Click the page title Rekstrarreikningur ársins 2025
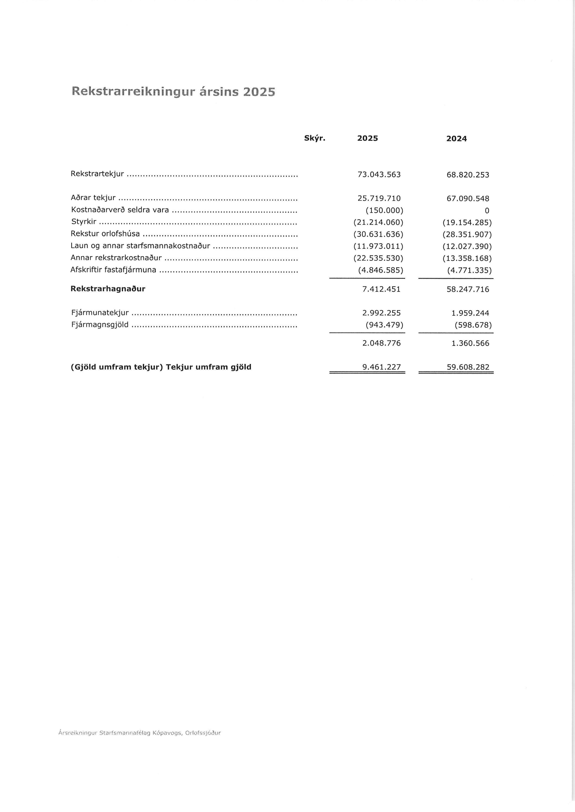click(173, 92)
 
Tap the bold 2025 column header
click(367, 138)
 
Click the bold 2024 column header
click(456, 139)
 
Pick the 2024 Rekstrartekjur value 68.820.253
click(468, 175)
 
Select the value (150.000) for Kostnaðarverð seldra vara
click(384, 211)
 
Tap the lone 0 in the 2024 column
click(487, 211)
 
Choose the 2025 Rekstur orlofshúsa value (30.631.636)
click(378, 235)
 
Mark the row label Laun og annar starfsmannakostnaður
click(140, 246)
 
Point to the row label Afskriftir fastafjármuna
click(113, 270)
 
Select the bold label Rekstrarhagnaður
click(108, 289)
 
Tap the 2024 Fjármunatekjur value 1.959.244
click(470, 313)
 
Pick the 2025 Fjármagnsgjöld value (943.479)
click(384, 325)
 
